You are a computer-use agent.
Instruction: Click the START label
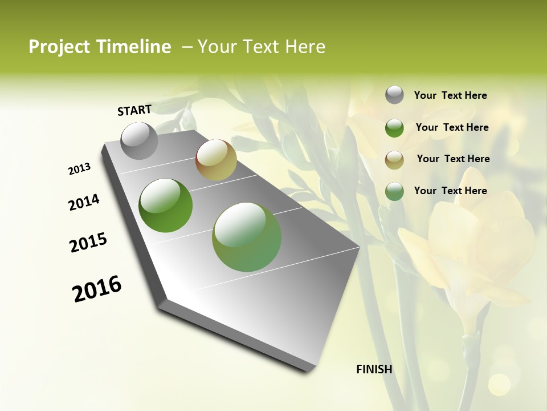[x=134, y=110]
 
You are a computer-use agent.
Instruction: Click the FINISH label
[x=374, y=369]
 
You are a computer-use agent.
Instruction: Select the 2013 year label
[x=80, y=169]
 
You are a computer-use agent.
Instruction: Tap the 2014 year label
[x=84, y=202]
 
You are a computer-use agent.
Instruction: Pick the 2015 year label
[x=88, y=243]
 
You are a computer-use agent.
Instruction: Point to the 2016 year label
[x=97, y=289]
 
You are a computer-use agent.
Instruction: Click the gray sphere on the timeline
[x=140, y=140]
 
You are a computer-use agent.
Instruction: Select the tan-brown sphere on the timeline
[x=216, y=160]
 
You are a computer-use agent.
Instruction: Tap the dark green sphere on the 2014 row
[x=166, y=205]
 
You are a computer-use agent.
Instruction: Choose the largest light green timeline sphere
[x=247, y=237]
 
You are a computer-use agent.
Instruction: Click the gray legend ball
[x=394, y=95]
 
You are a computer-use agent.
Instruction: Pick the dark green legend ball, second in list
[x=394, y=128]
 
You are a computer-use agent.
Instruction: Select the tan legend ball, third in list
[x=394, y=159]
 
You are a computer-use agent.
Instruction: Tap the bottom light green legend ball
[x=394, y=191]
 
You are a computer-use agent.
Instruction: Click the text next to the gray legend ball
[x=450, y=95]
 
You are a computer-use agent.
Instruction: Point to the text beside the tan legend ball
[x=453, y=159]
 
